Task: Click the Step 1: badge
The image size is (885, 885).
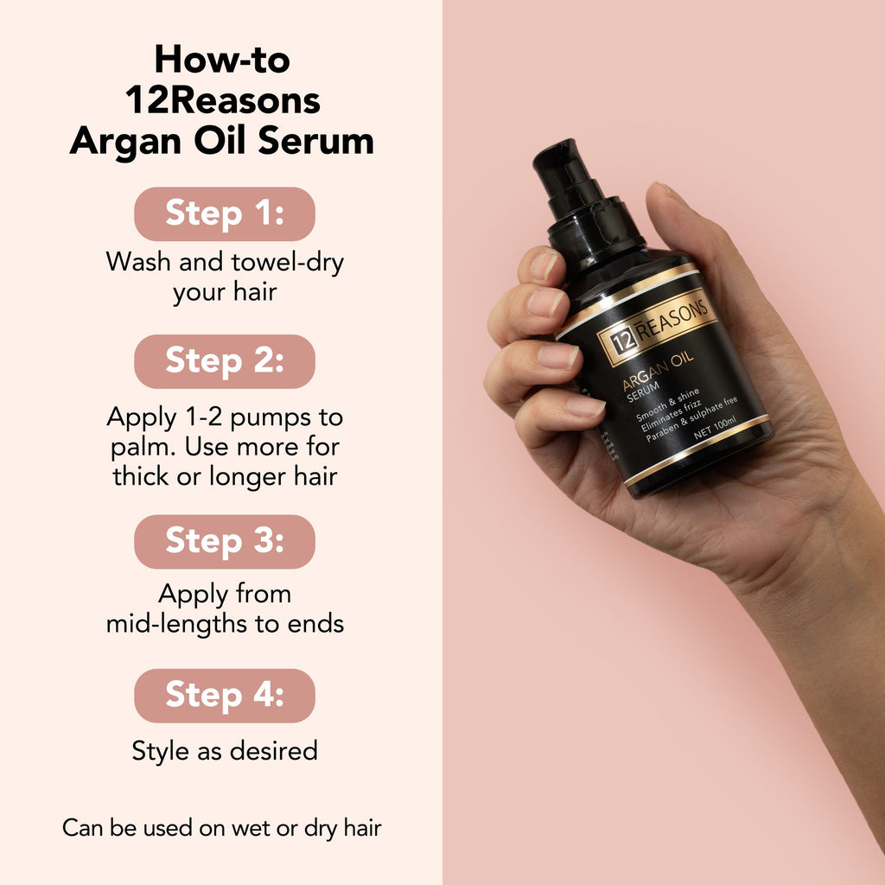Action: click(225, 213)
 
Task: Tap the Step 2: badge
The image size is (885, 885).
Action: click(225, 361)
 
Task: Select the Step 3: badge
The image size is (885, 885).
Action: click(225, 541)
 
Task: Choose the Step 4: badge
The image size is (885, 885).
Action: click(225, 695)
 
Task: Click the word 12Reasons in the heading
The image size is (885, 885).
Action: click(223, 101)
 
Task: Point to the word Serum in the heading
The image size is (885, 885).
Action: click(320, 142)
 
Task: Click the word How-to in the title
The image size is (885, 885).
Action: click(222, 60)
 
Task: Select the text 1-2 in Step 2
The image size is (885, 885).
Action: click(205, 417)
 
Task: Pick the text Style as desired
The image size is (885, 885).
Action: click(225, 750)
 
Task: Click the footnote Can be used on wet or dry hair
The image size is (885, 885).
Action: click(222, 827)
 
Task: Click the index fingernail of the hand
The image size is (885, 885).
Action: click(544, 265)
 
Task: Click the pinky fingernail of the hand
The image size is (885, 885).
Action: click(584, 406)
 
